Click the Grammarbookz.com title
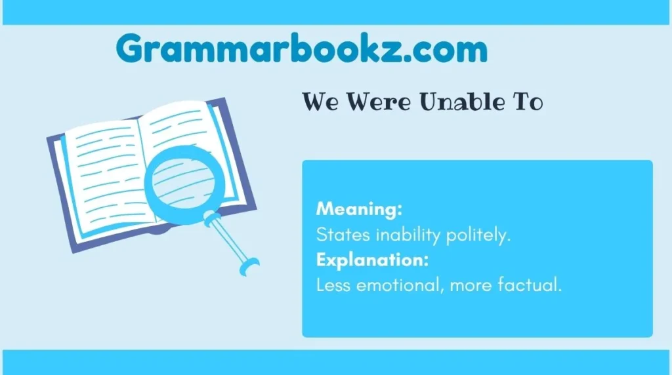coord(302,49)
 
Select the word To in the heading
coord(526,102)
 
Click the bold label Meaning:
coord(359,210)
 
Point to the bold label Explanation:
coord(372,260)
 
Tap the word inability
coord(402,235)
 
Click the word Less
coord(333,286)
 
